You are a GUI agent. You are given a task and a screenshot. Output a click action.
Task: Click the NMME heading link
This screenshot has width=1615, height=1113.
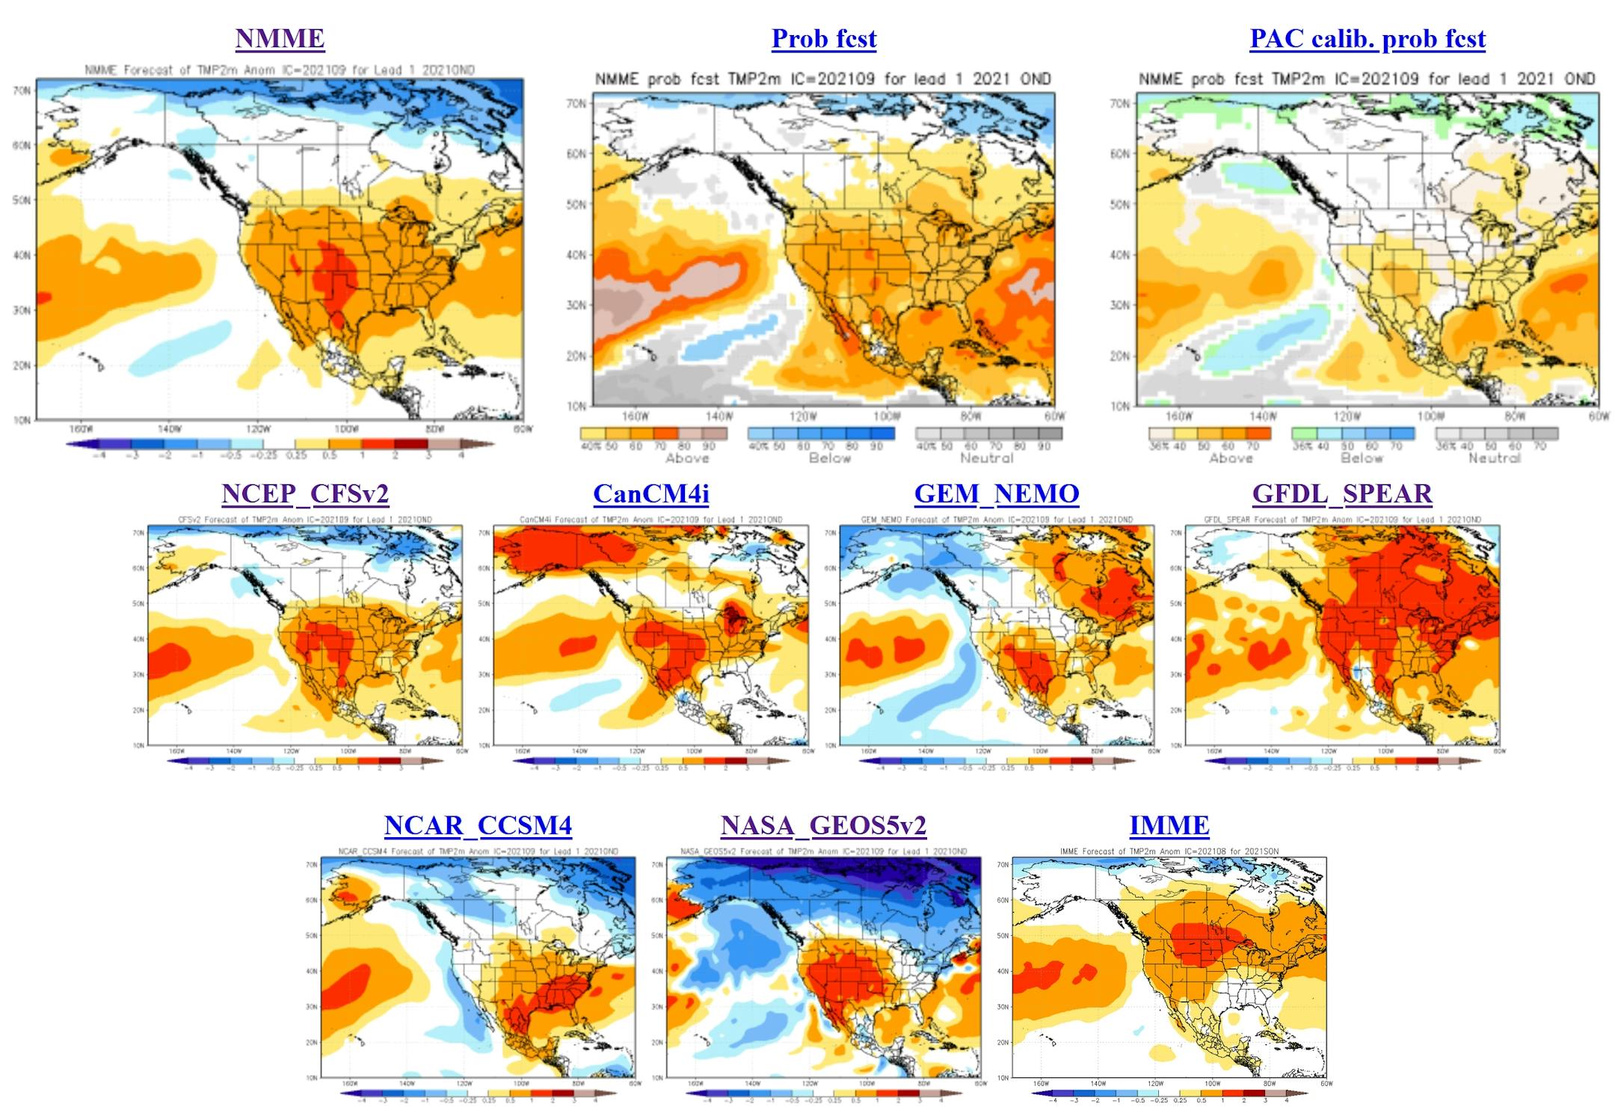coord(280,38)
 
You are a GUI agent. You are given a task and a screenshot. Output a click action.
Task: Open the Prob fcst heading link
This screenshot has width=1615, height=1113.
coord(823,38)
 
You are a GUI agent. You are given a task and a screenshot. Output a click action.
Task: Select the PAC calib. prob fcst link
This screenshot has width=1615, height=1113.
coord(1367,38)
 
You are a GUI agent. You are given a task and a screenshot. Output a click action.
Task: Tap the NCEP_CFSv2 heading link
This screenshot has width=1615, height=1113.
coord(305,493)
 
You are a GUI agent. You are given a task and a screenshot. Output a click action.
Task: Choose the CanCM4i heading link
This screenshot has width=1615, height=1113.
coord(650,493)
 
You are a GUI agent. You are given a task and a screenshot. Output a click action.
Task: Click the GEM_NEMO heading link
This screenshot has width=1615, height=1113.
coord(996,493)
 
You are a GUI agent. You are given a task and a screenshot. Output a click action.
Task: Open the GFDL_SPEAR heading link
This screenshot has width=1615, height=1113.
coord(1342,493)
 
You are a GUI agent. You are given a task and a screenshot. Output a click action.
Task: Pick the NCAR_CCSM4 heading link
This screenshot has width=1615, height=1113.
coord(478,825)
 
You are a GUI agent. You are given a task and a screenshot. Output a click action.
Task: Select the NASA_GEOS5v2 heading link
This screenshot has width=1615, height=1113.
coord(823,825)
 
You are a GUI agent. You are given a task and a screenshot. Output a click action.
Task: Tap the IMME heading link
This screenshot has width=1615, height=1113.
coord(1169,825)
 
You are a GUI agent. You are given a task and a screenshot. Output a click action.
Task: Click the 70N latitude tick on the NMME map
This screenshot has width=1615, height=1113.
coord(22,90)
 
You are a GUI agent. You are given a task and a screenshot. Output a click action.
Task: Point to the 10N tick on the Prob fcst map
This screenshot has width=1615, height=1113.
coord(576,407)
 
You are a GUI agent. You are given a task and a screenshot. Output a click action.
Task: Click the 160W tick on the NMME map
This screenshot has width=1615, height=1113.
coord(81,429)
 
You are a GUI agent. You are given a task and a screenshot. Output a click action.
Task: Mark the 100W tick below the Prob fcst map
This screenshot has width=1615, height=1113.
coord(887,416)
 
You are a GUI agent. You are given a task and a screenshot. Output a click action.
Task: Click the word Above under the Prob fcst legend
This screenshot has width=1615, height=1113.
coord(686,458)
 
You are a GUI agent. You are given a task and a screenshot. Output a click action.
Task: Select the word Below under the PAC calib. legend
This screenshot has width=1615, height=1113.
coord(1361,458)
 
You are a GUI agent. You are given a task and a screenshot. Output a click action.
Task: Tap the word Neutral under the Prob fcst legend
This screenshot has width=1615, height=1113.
coord(986,458)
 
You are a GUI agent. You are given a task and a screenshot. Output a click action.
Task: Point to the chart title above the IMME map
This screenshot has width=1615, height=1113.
coord(1169,851)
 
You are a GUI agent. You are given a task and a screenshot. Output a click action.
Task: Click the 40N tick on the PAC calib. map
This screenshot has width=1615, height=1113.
coord(1120,255)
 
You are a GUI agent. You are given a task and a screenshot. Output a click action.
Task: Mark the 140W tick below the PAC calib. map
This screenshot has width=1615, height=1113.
coord(1263,416)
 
